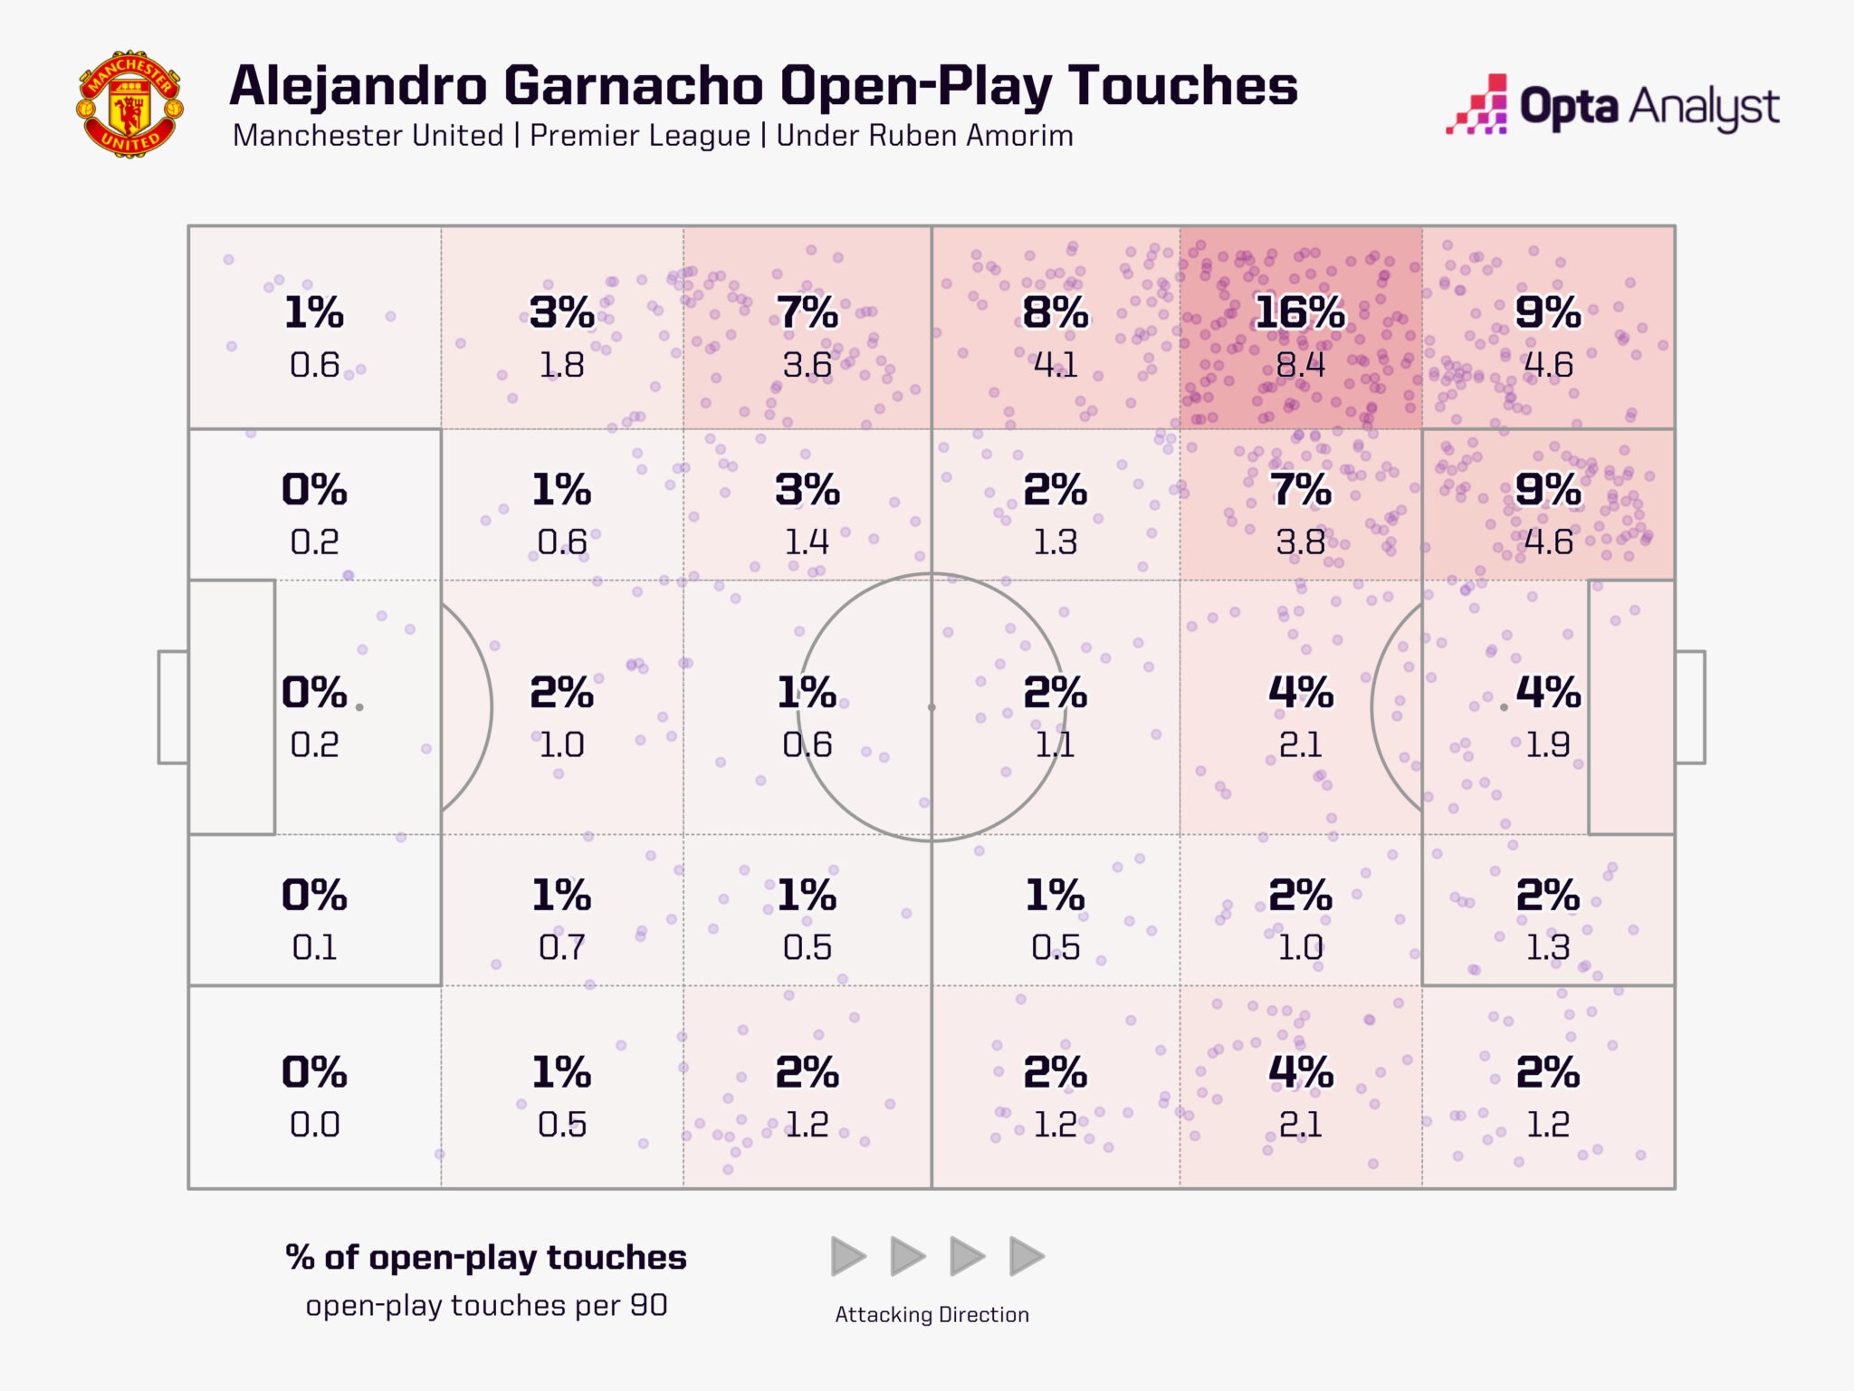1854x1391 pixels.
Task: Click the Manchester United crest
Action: tap(129, 104)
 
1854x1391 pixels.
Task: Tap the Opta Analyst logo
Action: tap(1612, 107)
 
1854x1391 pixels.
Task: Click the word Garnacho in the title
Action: tap(634, 86)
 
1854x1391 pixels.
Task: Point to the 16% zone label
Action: tap(1300, 313)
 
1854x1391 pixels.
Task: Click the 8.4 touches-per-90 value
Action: tap(1300, 365)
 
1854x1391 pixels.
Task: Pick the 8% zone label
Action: tap(1055, 313)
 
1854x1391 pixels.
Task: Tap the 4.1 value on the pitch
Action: tap(1055, 365)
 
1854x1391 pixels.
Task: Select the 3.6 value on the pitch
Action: tap(807, 365)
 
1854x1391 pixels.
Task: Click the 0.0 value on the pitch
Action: tap(314, 1125)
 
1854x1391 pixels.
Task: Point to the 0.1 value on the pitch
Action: tap(314, 947)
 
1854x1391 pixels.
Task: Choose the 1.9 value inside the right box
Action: tap(1548, 744)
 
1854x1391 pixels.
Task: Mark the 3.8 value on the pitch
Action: tap(1300, 542)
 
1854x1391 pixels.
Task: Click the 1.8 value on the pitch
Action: tap(561, 365)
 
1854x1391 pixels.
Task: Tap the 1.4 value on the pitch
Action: tap(807, 542)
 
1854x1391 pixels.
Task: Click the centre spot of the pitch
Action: tap(932, 707)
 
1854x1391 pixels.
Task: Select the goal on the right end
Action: tap(1689, 707)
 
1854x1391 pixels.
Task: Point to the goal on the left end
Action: tap(173, 707)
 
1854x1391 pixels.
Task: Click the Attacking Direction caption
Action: tap(932, 1315)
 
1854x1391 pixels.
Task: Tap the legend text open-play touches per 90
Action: tap(486, 1306)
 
